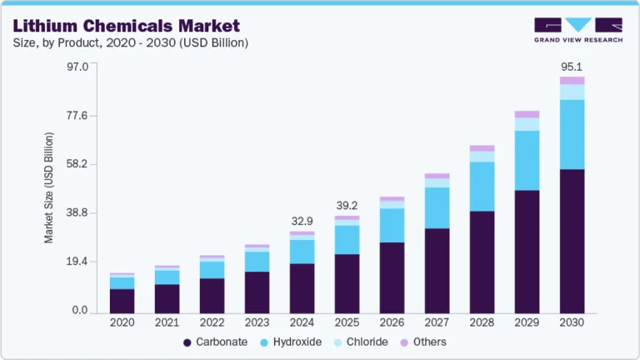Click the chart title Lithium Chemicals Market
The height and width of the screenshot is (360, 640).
click(x=126, y=25)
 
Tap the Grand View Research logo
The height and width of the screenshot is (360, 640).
click(x=577, y=30)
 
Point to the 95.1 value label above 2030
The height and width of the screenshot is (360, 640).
click(x=572, y=67)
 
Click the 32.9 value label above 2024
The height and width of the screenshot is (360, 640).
click(x=302, y=221)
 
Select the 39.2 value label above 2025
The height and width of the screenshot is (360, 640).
click(x=347, y=205)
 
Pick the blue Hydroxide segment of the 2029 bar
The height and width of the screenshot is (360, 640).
click(x=527, y=160)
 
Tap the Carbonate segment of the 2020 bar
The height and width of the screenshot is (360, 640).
click(x=122, y=300)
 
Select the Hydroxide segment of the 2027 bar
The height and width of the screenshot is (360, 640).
click(x=437, y=207)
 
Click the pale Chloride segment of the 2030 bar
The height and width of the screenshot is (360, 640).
click(x=572, y=92)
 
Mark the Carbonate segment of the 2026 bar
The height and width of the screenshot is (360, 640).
click(x=392, y=277)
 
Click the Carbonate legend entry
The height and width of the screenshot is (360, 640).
click(x=216, y=342)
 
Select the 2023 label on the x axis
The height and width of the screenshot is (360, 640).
click(x=257, y=322)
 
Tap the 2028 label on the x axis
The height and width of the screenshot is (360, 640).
click(x=482, y=322)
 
